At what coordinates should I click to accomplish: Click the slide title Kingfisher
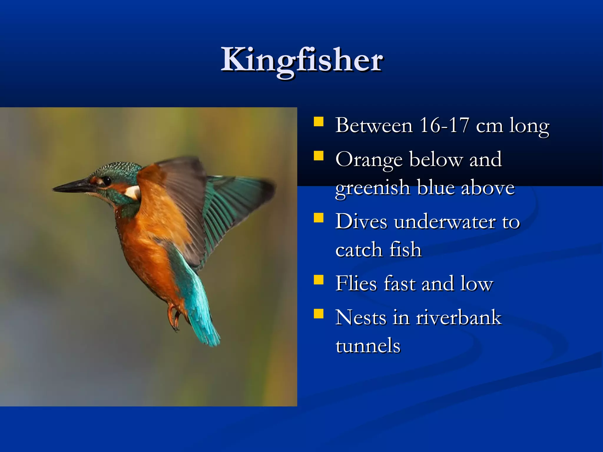coord(302,60)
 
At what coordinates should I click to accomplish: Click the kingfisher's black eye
coord(107,180)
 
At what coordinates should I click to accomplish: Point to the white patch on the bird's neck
coord(133,192)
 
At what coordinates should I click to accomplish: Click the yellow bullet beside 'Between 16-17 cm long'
coord(319,122)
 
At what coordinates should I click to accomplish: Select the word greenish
coord(372,188)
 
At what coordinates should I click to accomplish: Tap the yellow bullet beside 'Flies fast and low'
coord(319,280)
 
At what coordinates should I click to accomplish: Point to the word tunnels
coord(368,346)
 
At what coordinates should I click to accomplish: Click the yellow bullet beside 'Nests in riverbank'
coord(319,314)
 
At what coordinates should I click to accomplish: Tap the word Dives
coord(361,222)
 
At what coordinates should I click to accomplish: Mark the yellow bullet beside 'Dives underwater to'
coord(319,218)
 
